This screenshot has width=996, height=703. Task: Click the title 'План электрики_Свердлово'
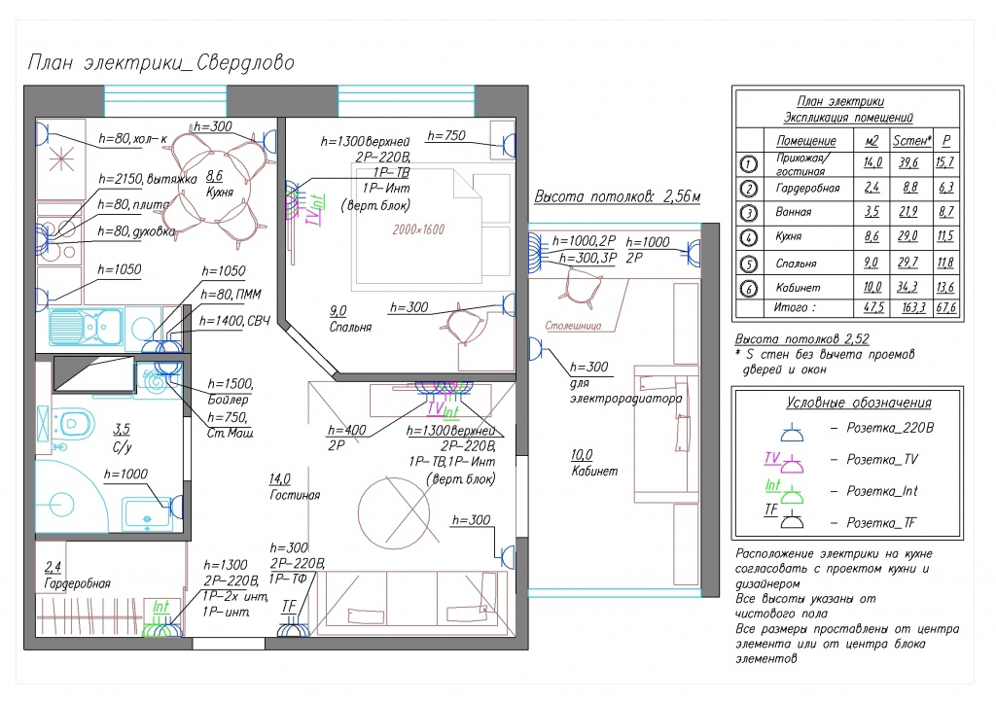point(160,63)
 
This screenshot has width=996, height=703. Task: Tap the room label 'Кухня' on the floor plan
point(220,192)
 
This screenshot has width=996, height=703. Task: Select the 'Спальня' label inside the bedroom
point(350,327)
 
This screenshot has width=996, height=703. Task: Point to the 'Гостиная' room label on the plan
point(295,495)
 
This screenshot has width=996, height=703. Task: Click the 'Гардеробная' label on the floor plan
point(78,583)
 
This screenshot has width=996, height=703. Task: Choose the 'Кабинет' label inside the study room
point(594,472)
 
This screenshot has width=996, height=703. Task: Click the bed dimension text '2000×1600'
point(418,229)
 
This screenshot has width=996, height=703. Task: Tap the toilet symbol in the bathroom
point(72,423)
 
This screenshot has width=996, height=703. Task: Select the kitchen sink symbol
point(87,327)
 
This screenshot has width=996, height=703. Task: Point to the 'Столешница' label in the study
point(573,326)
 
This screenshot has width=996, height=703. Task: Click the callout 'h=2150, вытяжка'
point(148,179)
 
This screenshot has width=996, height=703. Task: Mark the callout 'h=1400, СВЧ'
point(234,321)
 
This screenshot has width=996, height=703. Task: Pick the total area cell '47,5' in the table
point(873,307)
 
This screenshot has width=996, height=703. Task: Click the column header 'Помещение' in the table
point(806,140)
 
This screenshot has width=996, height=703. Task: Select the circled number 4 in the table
point(749,237)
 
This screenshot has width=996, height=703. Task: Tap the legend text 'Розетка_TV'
point(882,459)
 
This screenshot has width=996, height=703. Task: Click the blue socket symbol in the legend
point(792,433)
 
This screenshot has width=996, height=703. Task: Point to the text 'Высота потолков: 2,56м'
point(617,196)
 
